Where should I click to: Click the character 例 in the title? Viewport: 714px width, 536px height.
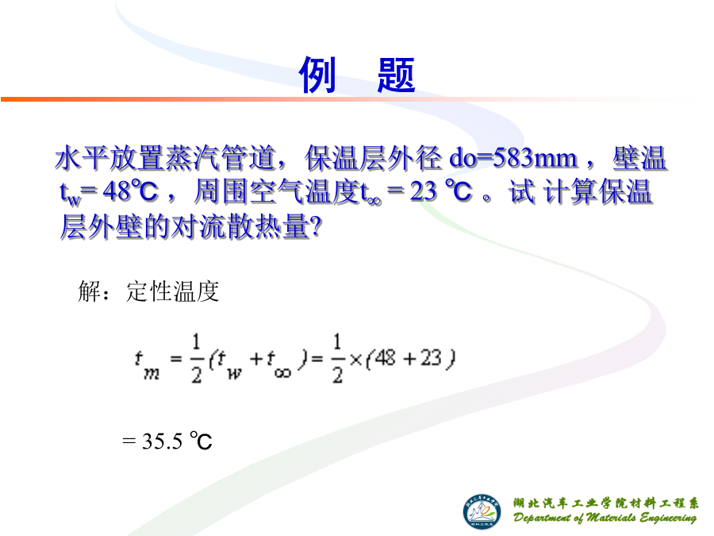click(317, 75)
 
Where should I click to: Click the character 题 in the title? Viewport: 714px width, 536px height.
click(396, 75)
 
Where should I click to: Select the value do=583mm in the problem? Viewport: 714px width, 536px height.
click(513, 158)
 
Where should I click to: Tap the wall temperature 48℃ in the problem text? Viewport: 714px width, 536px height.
click(131, 191)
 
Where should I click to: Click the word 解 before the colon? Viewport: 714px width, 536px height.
click(89, 291)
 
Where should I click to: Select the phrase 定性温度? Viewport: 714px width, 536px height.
click(173, 291)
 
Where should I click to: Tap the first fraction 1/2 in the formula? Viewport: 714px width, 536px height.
click(196, 358)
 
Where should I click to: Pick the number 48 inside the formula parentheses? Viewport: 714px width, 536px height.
click(386, 358)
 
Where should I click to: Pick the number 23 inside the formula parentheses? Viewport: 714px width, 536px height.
click(431, 358)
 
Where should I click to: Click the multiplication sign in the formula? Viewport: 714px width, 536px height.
click(356, 360)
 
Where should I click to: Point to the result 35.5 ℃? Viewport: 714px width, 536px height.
click(177, 441)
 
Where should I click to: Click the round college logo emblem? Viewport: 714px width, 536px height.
click(482, 512)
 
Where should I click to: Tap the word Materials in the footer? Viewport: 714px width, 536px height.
click(611, 517)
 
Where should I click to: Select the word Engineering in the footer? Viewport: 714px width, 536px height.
click(669, 519)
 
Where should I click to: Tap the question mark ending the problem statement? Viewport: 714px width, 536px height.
click(315, 226)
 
